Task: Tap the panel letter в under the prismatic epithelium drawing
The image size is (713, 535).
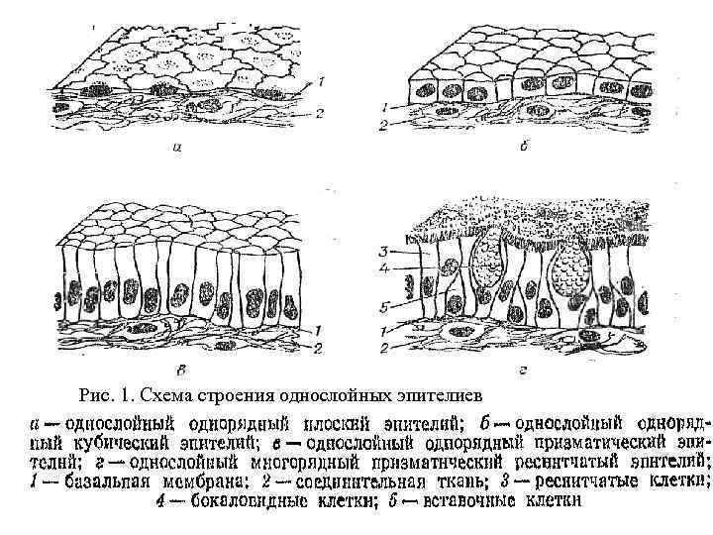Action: point(178,371)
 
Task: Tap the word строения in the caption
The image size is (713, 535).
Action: point(236,392)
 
